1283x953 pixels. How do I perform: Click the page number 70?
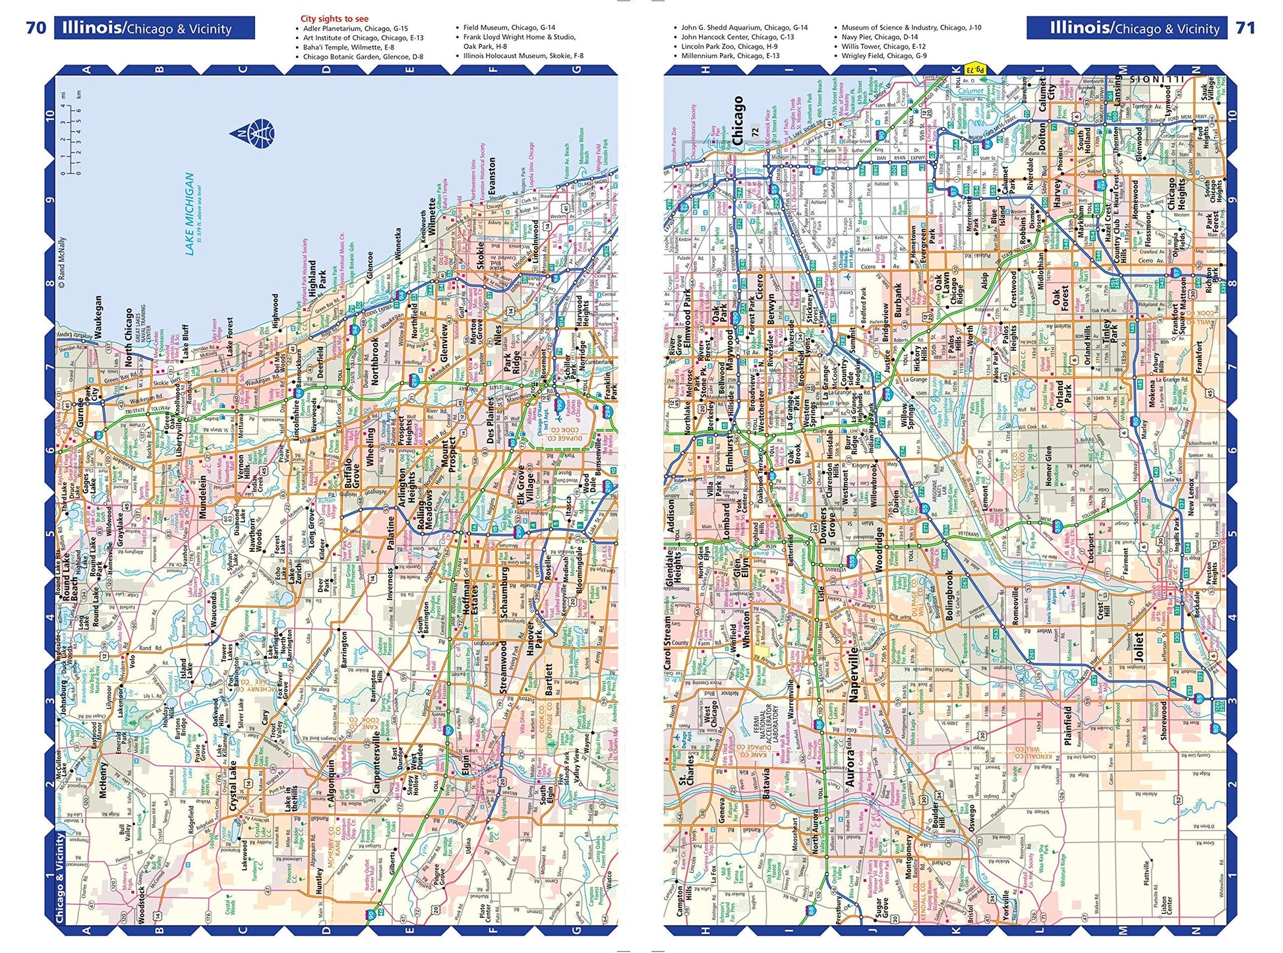(x=36, y=28)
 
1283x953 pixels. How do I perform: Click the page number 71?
(x=1245, y=28)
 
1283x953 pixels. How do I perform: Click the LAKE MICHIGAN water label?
(x=190, y=214)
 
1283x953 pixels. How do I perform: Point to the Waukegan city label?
(x=98, y=317)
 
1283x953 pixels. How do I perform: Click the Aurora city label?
(x=850, y=763)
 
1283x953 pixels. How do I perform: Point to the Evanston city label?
(x=492, y=180)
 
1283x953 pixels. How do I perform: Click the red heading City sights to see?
(x=334, y=18)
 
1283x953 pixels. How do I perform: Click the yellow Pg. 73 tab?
(x=974, y=69)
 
